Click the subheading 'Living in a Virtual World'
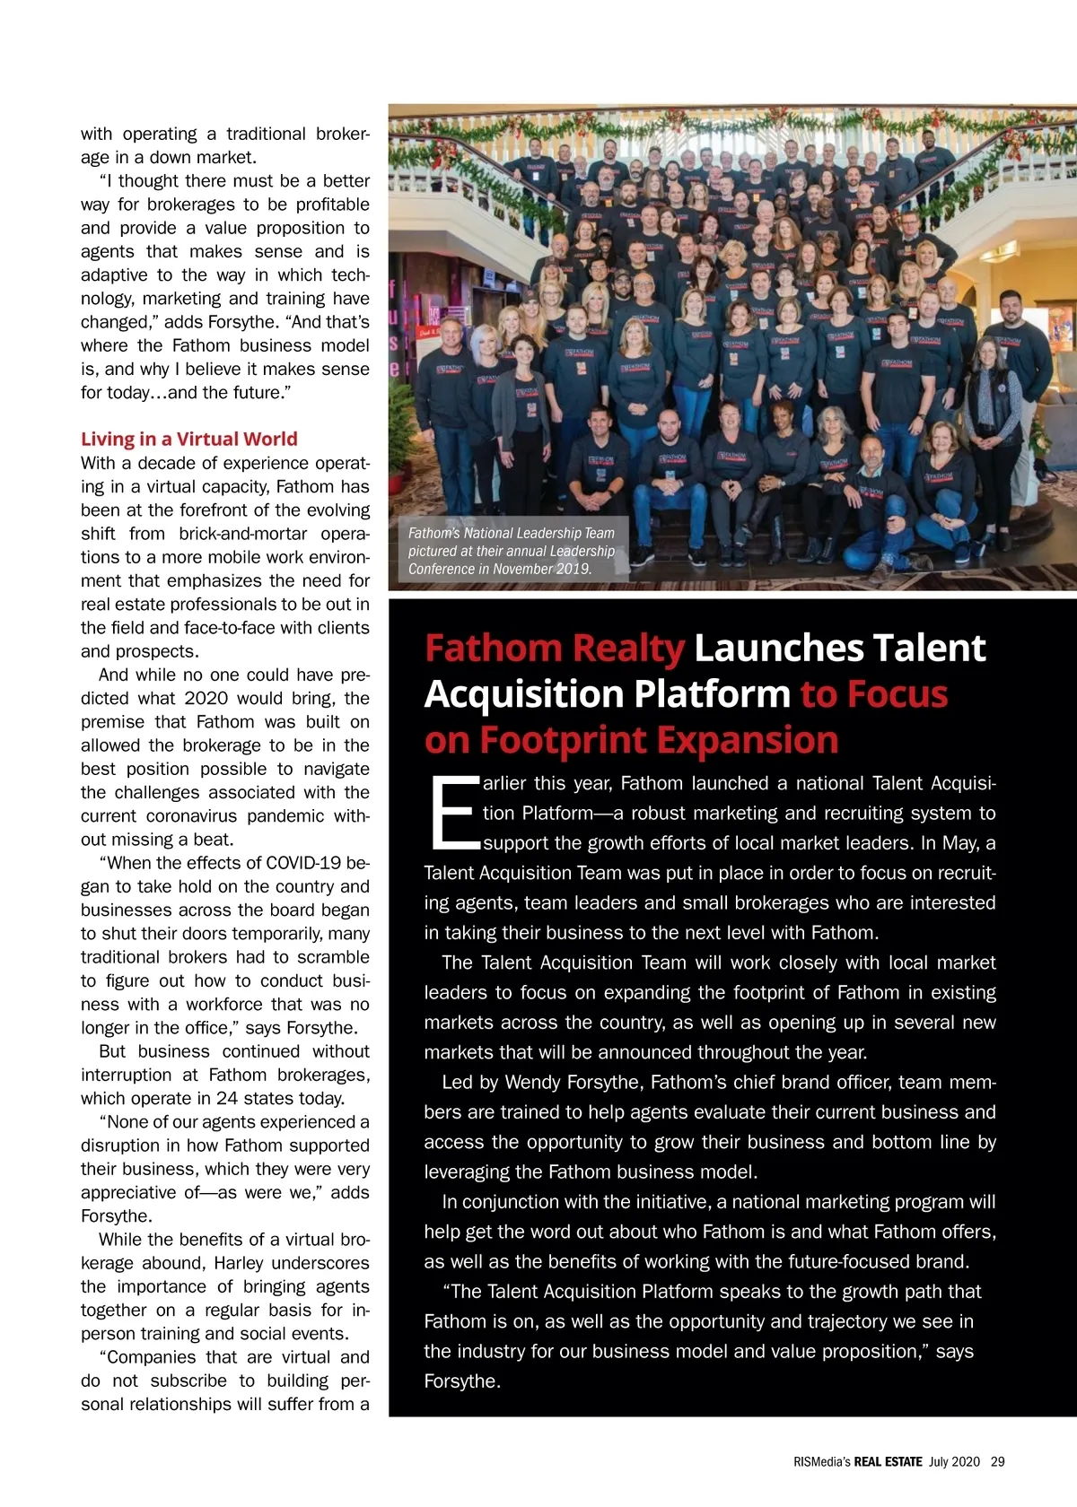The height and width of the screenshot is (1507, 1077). point(188,440)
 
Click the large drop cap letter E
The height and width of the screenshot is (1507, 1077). point(451,813)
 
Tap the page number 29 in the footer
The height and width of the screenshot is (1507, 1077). point(997,1461)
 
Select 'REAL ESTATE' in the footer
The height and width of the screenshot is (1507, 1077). point(888,1461)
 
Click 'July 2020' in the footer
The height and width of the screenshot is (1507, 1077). point(954,1461)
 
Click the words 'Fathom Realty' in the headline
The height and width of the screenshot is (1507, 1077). point(555,649)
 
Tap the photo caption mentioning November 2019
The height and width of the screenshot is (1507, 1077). point(511,551)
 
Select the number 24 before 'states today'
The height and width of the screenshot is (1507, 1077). point(227,1098)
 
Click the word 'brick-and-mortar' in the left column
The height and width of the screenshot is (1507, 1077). point(242,534)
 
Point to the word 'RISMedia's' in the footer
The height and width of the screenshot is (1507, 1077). point(821,1461)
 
